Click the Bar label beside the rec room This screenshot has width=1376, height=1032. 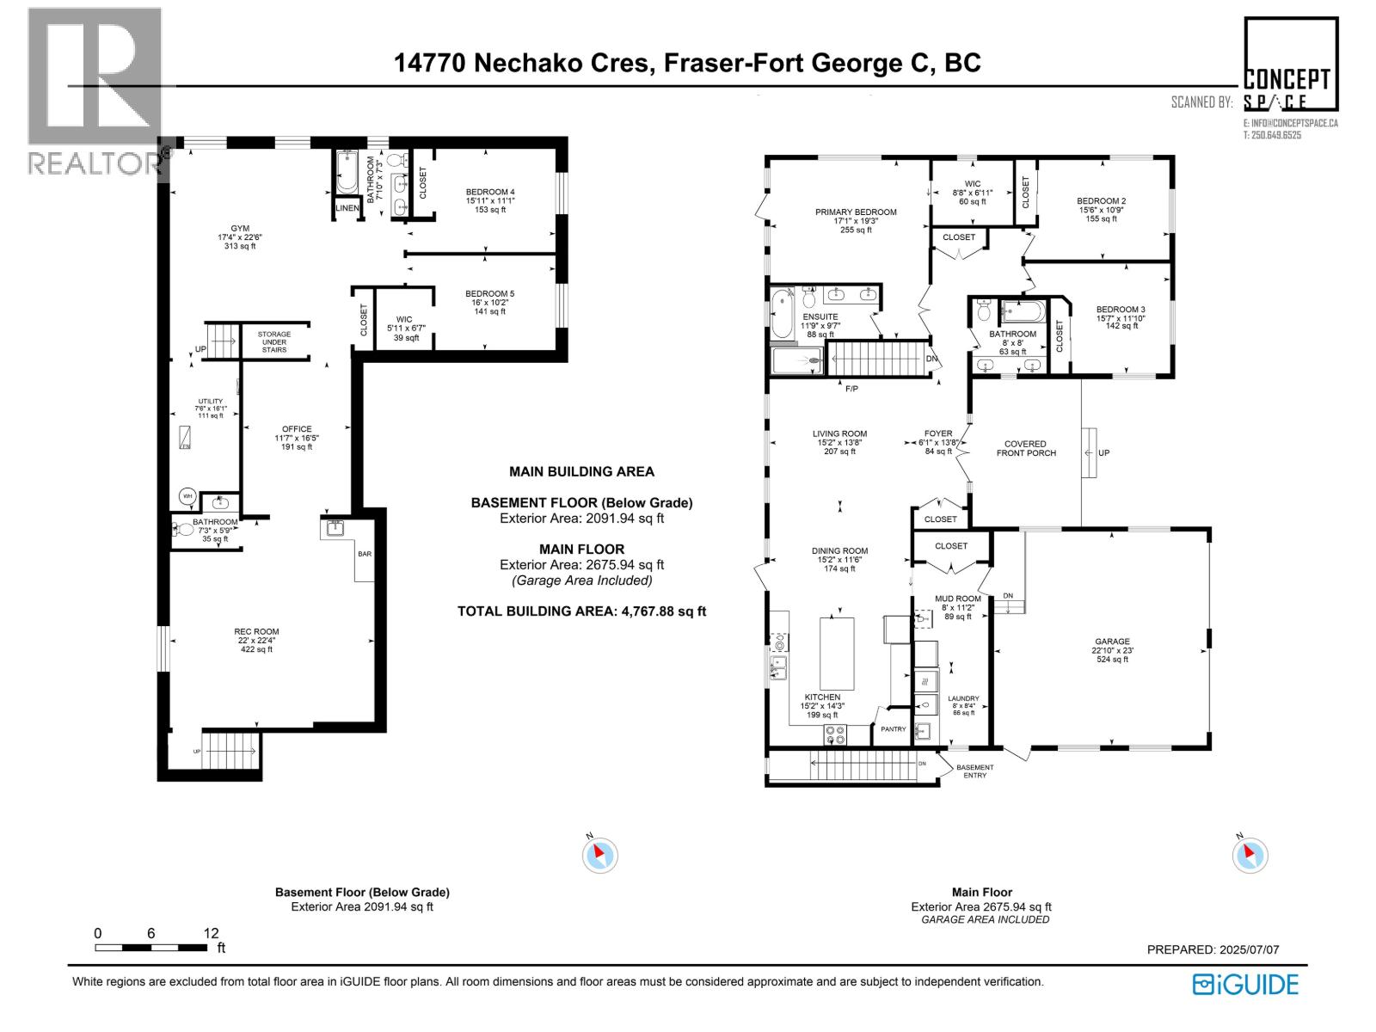click(365, 554)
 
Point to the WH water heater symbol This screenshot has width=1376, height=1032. click(187, 495)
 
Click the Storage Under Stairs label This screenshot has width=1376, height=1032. click(274, 341)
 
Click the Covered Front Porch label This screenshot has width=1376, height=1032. click(1026, 448)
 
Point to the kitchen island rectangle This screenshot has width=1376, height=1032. click(837, 654)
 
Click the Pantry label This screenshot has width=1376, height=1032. click(894, 729)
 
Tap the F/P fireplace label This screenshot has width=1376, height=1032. click(851, 389)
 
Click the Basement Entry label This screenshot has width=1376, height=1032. click(974, 771)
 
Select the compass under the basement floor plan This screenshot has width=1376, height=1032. click(599, 855)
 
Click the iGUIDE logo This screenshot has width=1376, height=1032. click(1245, 984)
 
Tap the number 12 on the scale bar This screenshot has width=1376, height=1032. click(211, 933)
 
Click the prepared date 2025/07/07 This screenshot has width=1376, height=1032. click(1249, 949)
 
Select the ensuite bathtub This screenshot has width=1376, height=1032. click(783, 316)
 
